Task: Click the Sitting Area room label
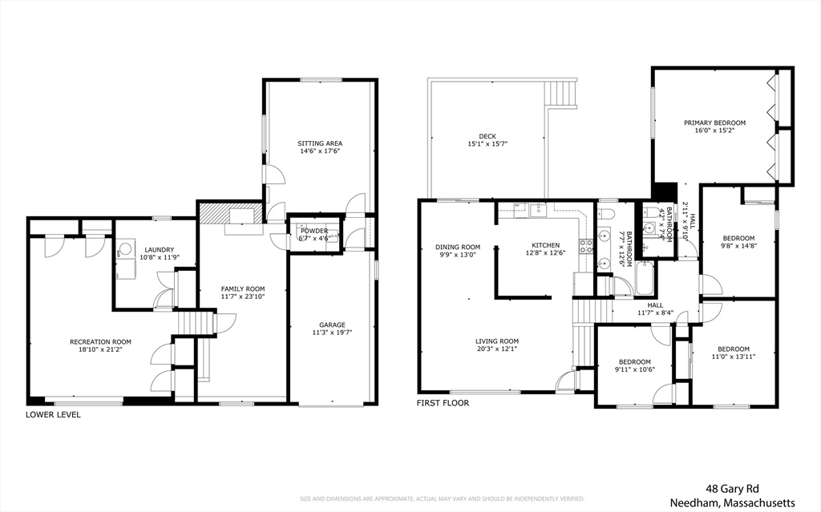[x=320, y=144]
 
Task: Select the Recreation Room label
[x=100, y=342]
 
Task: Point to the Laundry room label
[x=159, y=250]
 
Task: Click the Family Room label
[x=243, y=289]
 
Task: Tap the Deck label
[x=487, y=136]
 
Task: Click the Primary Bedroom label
[x=714, y=123]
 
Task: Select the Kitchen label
[x=545, y=246]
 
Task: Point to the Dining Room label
[x=458, y=247]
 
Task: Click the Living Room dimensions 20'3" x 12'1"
[x=498, y=349]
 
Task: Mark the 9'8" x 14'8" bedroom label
[x=738, y=238]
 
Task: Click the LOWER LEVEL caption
[x=53, y=415]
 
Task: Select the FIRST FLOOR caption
[x=443, y=403]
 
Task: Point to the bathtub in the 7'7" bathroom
[x=644, y=280]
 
